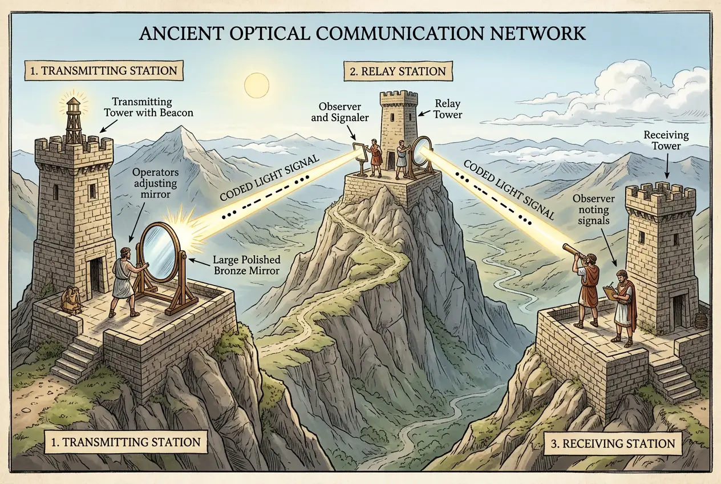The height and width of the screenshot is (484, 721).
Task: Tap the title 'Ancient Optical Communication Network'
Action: point(362,33)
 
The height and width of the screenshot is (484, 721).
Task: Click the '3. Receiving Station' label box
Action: point(609,443)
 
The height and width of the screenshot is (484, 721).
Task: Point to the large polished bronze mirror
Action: point(160,253)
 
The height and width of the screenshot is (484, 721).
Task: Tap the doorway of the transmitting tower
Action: point(97,275)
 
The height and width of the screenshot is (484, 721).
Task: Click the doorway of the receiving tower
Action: point(678,311)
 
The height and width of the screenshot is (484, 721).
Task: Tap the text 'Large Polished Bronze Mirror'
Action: point(246,265)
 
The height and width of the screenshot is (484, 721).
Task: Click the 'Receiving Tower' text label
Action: point(666,140)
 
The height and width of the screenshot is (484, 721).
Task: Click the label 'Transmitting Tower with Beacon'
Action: point(152,107)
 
